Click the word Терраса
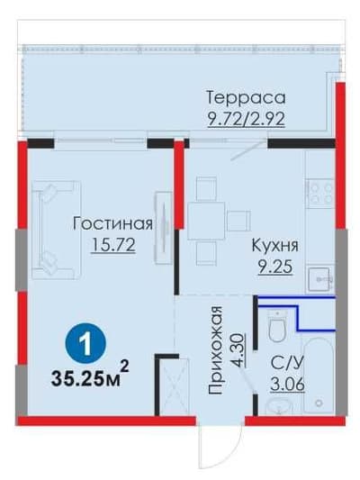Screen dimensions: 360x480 [246, 97]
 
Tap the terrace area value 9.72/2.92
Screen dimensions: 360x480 [246, 119]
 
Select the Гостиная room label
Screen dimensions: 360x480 [112, 223]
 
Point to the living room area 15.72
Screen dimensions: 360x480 [113, 245]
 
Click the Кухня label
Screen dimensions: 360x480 [274, 246]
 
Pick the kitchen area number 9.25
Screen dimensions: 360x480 [275, 267]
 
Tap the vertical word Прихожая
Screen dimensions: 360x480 [215, 350]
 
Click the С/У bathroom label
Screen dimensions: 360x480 [287, 363]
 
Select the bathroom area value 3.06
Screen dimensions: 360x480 [287, 385]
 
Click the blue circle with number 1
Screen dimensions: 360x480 [85, 343]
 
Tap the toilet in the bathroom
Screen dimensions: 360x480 [277, 325]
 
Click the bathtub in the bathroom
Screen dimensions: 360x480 [319, 376]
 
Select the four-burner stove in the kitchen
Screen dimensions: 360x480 [320, 194]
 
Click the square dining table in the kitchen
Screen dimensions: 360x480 [205, 221]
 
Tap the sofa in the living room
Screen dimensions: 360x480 [56, 230]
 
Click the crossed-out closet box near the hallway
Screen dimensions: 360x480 [174, 386]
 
